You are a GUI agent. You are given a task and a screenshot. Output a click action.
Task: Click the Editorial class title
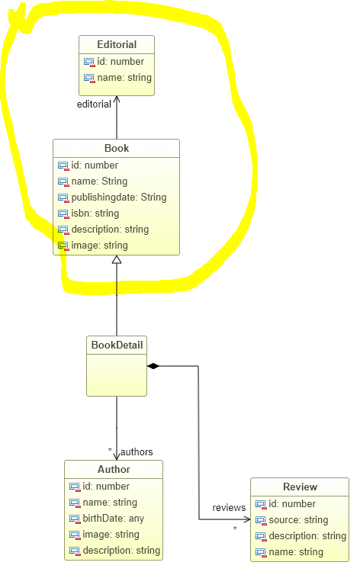(x=117, y=44)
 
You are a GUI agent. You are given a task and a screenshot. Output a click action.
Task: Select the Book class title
(x=117, y=148)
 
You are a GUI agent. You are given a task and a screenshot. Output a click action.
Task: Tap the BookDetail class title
(x=117, y=345)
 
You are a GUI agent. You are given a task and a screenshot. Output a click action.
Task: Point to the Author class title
(x=114, y=469)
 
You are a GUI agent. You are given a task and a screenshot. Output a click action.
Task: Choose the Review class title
(x=301, y=487)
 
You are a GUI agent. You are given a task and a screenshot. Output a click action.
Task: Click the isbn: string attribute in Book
(x=95, y=214)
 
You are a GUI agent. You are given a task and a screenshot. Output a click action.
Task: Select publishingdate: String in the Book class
(x=119, y=198)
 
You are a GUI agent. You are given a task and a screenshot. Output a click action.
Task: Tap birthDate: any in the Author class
(x=114, y=519)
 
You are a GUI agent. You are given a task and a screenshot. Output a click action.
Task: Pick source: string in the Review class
(x=299, y=520)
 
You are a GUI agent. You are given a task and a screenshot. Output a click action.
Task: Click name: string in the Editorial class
(x=124, y=78)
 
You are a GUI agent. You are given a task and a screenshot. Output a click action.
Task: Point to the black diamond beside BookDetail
(x=153, y=366)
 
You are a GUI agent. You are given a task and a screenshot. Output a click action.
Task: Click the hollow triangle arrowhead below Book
(x=117, y=259)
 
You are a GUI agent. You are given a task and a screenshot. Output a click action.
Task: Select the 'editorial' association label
(x=94, y=104)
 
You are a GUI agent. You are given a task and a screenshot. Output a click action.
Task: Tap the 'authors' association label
(x=137, y=452)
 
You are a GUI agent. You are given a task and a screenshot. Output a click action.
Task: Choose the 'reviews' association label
(x=229, y=508)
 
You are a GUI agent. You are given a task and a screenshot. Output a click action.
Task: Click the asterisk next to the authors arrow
(x=110, y=450)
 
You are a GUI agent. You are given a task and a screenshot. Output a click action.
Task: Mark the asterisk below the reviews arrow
(x=235, y=529)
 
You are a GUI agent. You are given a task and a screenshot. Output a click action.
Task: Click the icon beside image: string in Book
(x=63, y=246)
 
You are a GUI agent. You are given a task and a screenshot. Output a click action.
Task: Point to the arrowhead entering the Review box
(x=247, y=519)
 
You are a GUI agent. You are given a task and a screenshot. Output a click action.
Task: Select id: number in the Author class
(x=106, y=487)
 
